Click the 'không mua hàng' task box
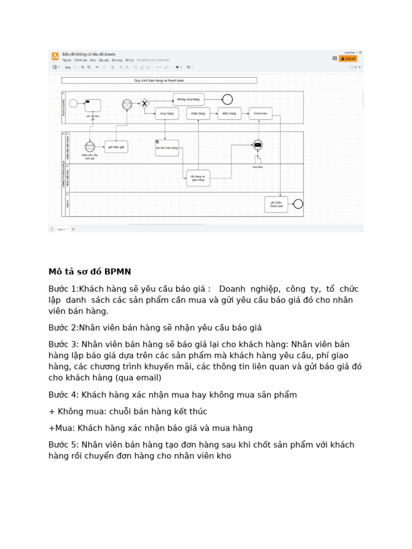point(188,99)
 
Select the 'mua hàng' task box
point(167,113)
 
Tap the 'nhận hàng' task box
point(198,113)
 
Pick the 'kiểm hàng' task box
point(229,113)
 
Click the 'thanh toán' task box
point(260,113)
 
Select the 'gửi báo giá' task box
point(116,146)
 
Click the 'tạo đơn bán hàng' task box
point(167,147)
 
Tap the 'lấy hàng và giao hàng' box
point(198,178)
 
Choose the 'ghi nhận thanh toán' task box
point(276,204)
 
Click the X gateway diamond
point(144,103)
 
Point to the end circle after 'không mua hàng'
point(227,99)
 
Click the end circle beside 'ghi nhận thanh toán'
point(298,204)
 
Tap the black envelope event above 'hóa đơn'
point(258,145)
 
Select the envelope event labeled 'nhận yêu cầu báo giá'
point(90,147)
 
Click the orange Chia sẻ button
point(348,58)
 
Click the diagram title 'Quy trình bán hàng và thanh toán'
point(159,80)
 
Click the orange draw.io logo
point(55,56)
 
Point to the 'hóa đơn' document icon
point(258,159)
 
